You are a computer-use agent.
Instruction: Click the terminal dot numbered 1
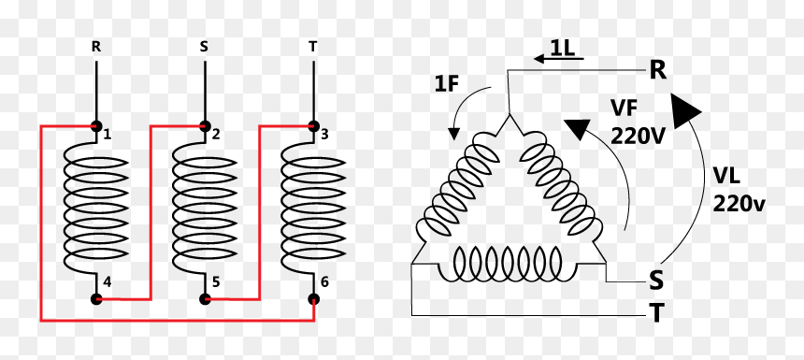click(96, 125)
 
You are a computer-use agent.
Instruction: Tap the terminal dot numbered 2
click(205, 125)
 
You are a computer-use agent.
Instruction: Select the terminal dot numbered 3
click(313, 125)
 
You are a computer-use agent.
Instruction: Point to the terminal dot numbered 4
click(96, 299)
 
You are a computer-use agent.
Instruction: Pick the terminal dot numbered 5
click(205, 299)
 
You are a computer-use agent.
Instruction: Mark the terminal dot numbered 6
click(313, 299)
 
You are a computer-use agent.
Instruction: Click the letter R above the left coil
click(96, 47)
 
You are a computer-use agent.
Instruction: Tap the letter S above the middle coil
click(204, 47)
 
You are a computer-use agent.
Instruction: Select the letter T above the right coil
click(313, 47)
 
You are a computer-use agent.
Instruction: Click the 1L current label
click(563, 47)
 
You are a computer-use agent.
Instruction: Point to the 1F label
click(446, 83)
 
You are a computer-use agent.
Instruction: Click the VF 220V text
click(638, 122)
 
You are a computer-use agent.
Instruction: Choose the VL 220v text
click(739, 190)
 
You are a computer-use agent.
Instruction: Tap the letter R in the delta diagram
click(658, 70)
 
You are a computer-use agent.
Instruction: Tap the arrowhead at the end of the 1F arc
click(453, 134)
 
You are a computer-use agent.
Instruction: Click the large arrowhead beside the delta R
click(684, 110)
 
